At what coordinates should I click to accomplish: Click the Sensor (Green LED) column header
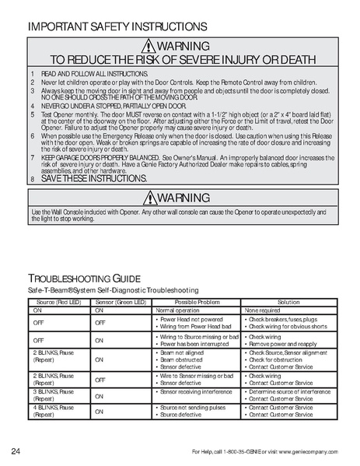[121, 301]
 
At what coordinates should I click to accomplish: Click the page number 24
[16, 452]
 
